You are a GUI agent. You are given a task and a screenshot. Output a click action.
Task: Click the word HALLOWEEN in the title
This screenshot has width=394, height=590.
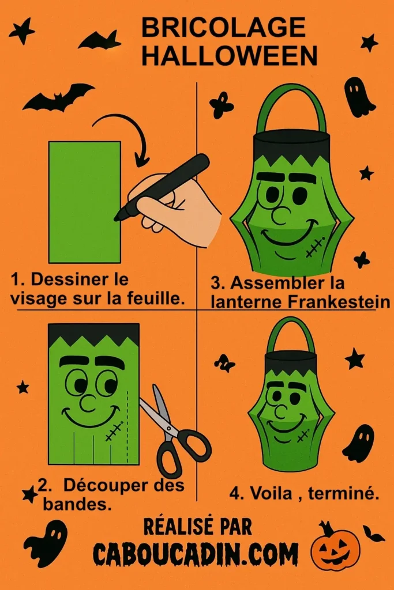coord(229,56)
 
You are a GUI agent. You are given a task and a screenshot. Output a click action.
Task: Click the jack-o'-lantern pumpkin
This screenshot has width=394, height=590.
coord(335,549)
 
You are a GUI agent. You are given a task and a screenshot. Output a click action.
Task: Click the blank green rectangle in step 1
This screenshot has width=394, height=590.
coord(84,202)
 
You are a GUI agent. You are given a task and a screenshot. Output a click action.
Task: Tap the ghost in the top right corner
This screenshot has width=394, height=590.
coord(358,97)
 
